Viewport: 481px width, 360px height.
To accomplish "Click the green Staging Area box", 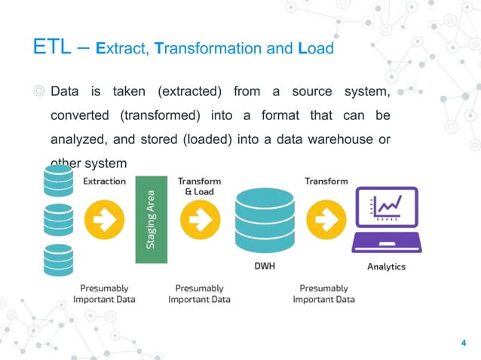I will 151,219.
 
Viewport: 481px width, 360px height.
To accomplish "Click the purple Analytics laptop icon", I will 385,220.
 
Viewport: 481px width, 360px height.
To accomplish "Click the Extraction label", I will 104,182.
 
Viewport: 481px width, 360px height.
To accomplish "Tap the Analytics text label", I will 386,267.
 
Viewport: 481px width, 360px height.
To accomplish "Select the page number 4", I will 462,344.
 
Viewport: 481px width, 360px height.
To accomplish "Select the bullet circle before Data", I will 39,92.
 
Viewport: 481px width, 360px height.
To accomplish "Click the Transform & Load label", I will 199,186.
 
